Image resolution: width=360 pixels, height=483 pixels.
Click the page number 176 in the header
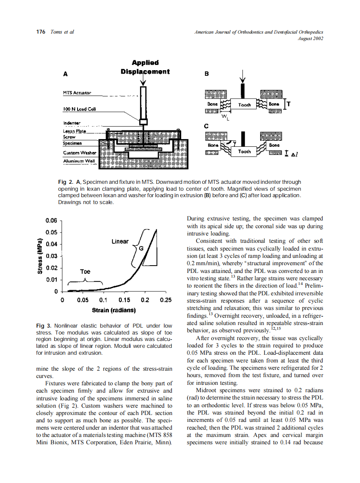tap(40, 32)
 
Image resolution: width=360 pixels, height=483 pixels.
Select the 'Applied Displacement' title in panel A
tap(145, 67)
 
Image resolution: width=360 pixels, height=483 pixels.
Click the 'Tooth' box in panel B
tap(244, 105)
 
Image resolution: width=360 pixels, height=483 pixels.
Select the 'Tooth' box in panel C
tap(244, 151)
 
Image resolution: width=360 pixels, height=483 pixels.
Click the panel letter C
tap(206, 126)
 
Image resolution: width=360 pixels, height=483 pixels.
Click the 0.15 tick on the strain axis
tap(124, 300)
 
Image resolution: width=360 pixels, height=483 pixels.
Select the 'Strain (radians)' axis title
tap(114, 310)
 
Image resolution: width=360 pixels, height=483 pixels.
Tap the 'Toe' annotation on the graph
tap(85, 272)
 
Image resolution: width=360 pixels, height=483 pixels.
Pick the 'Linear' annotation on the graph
tap(120, 241)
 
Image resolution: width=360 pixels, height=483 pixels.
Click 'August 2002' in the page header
tap(310, 38)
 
